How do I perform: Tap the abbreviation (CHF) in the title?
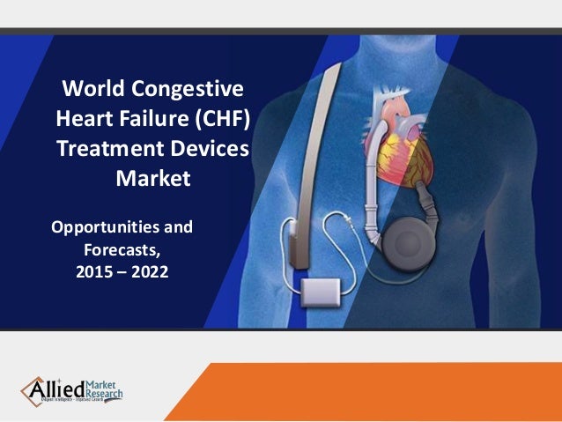pyautogui.click(x=225, y=119)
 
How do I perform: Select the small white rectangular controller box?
pyautogui.click(x=318, y=290)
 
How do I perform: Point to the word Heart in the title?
pyautogui.click(x=86, y=119)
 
